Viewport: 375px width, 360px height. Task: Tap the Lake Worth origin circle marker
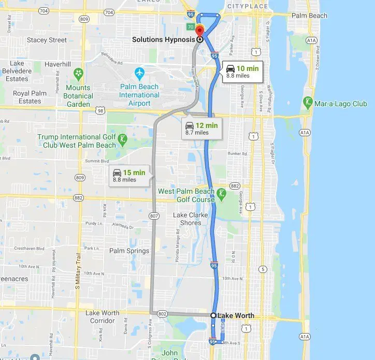pos(213,315)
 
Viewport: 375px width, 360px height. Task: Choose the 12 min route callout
pos(202,128)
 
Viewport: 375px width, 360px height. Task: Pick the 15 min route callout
pos(131,176)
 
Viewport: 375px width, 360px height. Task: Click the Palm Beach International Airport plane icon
pos(139,72)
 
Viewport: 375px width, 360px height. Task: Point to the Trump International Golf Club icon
pos(122,139)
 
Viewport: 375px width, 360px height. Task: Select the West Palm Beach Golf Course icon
pos(221,193)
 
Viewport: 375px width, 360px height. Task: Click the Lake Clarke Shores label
pos(191,219)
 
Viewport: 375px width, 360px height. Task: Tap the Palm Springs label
pos(129,251)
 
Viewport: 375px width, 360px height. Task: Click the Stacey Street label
pos(47,40)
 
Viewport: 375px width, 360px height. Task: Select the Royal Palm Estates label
pos(30,97)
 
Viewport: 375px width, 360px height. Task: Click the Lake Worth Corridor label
pos(102,316)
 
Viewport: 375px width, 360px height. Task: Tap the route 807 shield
pos(154,215)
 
